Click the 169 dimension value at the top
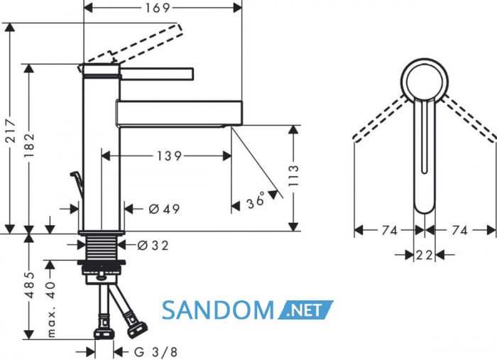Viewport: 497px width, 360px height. click(158, 8)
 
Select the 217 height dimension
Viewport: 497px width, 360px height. click(11, 131)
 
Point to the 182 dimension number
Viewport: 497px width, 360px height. click(30, 146)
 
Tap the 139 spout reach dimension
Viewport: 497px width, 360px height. click(169, 156)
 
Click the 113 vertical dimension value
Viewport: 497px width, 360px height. click(294, 175)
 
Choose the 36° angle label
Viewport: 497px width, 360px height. click(256, 200)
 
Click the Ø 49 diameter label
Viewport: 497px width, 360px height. click(164, 209)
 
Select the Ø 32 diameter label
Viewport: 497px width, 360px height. click(153, 245)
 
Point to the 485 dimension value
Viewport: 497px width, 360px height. click(30, 285)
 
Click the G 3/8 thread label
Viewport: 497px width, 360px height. click(155, 352)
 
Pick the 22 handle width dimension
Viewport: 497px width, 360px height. click(425, 255)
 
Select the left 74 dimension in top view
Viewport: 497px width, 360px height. click(390, 230)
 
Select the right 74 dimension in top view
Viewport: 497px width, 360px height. click(459, 230)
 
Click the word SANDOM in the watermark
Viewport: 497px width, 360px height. click(218, 310)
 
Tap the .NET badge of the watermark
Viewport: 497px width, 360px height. click(305, 310)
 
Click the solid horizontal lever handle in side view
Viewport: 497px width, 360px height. click(157, 74)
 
